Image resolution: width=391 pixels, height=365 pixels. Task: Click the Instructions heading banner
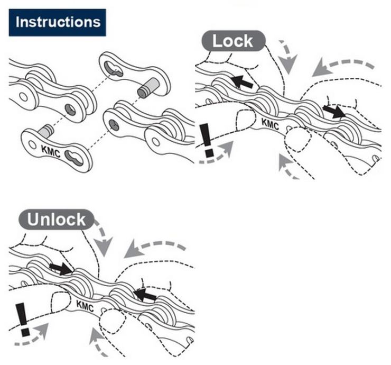(57, 22)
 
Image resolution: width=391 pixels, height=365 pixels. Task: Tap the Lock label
(232, 41)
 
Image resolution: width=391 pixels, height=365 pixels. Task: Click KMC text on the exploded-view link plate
(52, 151)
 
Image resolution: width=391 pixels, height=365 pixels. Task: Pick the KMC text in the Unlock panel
(85, 305)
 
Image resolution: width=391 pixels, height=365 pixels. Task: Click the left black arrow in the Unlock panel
(60, 268)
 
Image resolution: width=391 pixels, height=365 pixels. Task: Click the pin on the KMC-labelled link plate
(45, 128)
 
